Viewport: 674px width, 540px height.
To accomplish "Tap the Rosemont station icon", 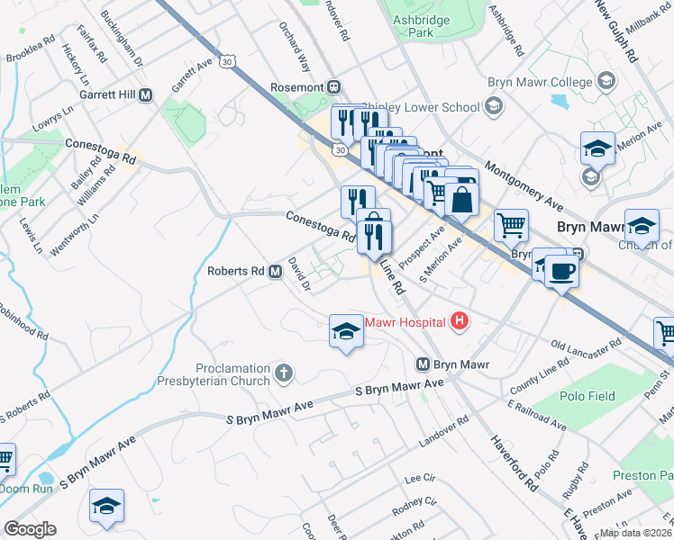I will click(x=333, y=86).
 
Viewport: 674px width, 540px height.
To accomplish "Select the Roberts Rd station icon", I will click(x=275, y=270).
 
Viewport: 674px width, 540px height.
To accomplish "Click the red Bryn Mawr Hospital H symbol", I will click(x=460, y=320).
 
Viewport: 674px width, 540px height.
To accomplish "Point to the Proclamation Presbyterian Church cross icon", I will click(x=283, y=373).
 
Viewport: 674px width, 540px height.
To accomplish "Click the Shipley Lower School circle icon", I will click(x=493, y=108).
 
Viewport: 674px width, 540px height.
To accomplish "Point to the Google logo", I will click(x=30, y=529).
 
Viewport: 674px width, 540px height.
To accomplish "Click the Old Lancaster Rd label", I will click(x=587, y=346).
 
